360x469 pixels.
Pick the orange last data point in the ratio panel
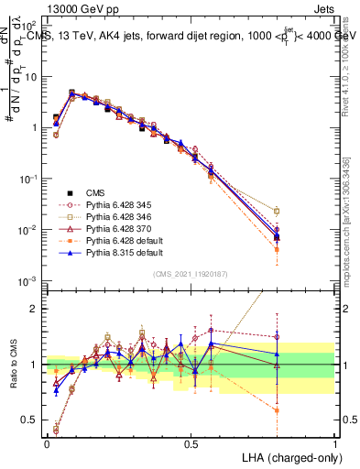click(x=277, y=410)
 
